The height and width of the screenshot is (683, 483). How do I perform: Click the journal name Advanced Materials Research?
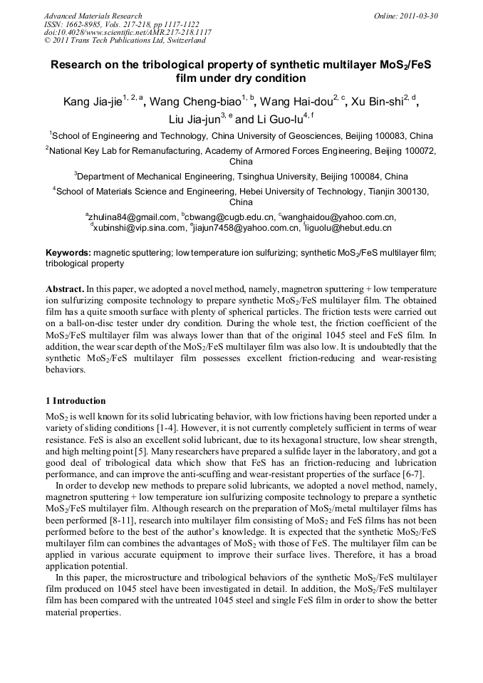pyautogui.click(x=93, y=16)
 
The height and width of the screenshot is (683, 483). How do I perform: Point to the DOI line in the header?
pyautogui.click(x=128, y=33)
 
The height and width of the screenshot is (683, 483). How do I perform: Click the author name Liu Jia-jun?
pyautogui.click(x=193, y=119)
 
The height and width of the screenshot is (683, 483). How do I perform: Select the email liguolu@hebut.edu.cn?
pyautogui.click(x=349, y=228)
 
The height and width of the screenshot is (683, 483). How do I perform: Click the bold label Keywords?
pyautogui.click(x=68, y=252)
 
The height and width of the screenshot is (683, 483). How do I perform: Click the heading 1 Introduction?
pyautogui.click(x=75, y=401)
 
